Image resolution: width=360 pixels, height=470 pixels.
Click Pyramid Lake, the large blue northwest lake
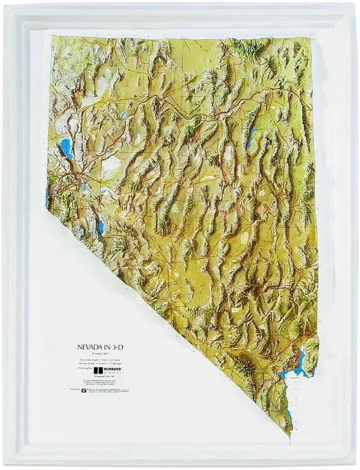click(66, 148)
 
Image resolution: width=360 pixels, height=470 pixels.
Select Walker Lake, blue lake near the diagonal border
click(101, 227)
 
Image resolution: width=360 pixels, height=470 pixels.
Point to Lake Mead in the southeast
click(297, 365)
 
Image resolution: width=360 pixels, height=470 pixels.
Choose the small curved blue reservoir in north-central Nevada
click(124, 115)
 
